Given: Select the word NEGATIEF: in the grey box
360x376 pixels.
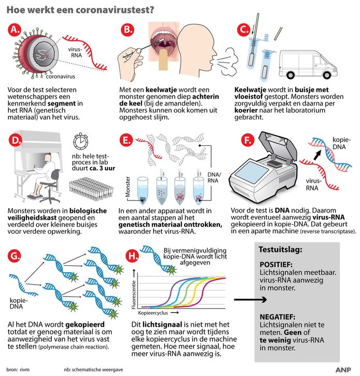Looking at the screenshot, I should (279, 315).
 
